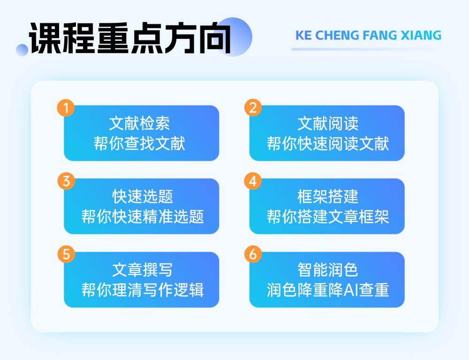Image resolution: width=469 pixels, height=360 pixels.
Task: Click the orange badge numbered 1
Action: click(66, 108)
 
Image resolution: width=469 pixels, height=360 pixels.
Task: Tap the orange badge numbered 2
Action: click(253, 108)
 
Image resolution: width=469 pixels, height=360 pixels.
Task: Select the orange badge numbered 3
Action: click(66, 181)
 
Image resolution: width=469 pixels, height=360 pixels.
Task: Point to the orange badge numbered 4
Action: click(253, 181)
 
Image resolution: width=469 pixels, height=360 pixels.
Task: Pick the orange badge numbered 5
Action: click(66, 254)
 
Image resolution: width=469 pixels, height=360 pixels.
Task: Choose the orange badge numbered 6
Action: click(253, 254)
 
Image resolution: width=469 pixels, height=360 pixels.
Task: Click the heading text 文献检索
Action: click(139, 123)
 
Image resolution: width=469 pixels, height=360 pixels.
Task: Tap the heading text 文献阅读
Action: click(328, 123)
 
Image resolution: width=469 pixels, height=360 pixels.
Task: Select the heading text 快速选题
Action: click(143, 196)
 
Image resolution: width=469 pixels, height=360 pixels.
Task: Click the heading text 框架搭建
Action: click(328, 196)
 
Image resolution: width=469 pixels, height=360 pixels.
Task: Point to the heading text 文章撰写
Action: click(143, 270)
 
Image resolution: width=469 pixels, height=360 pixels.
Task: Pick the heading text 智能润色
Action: click(328, 270)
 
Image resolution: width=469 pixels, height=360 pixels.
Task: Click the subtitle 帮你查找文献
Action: click(139, 143)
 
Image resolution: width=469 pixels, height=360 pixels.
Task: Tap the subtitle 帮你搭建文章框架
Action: click(328, 217)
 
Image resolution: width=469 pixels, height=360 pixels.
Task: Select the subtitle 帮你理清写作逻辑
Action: click(143, 290)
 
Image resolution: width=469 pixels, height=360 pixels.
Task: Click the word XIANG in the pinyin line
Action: click(421, 35)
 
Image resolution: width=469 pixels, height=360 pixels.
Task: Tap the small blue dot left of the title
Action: click(22, 50)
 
